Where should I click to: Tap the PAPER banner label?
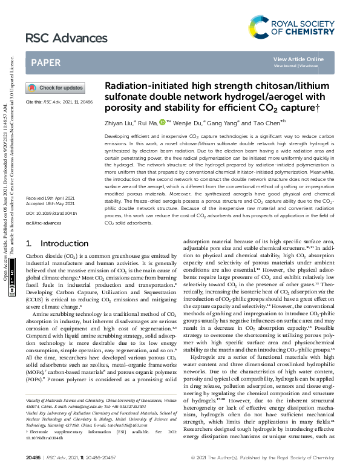pyautogui.click(x=45, y=62)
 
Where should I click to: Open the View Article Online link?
pyautogui.click(x=298, y=59)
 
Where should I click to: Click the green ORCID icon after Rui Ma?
pyautogui.click(x=162, y=122)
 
